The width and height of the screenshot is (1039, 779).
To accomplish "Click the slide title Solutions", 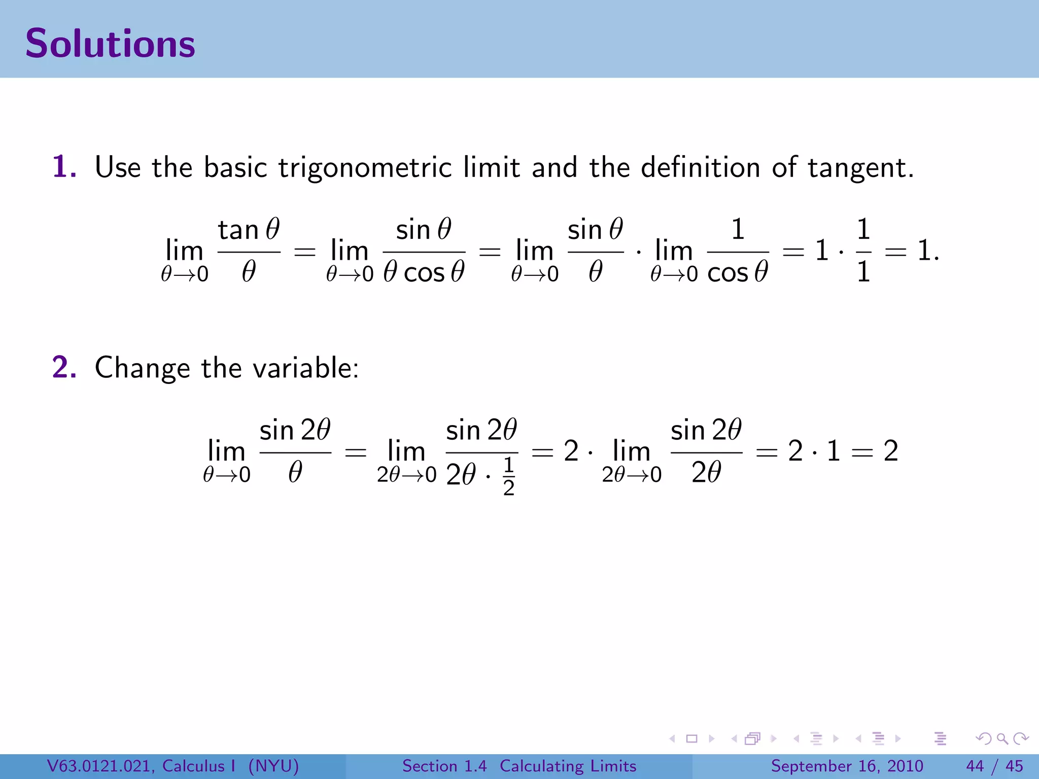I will coord(110,44).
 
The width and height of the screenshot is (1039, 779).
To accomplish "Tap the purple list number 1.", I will coord(64,167).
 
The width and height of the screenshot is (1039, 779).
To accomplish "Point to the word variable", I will coord(305,368).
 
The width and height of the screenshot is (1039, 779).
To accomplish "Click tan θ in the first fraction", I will coord(249,230).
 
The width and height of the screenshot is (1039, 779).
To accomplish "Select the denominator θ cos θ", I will coord(424,272).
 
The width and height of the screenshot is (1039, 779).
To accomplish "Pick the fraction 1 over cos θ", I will coord(738,251).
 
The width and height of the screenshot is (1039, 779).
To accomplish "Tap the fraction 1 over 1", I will coord(863,251).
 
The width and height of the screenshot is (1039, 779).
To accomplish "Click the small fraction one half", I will coord(508,476).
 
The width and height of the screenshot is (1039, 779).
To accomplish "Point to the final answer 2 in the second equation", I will coord(891,451).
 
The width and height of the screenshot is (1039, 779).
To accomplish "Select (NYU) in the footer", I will coord(273,766).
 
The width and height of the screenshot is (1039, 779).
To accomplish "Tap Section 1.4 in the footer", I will coord(444,766).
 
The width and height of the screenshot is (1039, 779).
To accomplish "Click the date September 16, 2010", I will coord(847,766).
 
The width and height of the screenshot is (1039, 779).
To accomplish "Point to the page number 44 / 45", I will coord(994,766).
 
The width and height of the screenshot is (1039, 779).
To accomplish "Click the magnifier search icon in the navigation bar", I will coord(1002,738).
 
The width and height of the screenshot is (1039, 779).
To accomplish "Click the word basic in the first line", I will coord(235,167).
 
